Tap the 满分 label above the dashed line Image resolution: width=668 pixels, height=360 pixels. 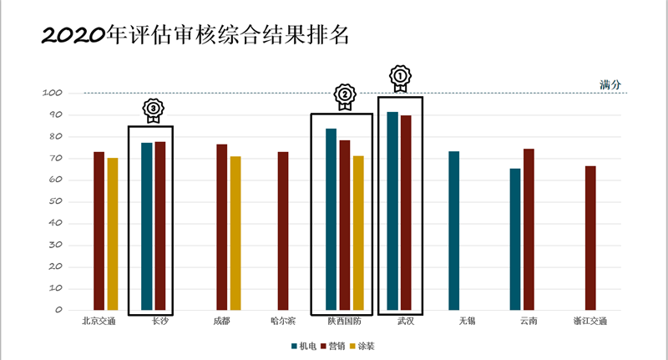[610, 84]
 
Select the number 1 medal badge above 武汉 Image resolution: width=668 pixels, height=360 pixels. [401, 79]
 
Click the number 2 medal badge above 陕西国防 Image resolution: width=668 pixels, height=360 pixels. [344, 96]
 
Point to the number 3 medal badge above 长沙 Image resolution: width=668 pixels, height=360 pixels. [152, 109]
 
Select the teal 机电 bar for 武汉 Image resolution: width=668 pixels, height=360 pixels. [392, 210]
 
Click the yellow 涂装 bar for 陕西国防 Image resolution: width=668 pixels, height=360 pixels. [358, 233]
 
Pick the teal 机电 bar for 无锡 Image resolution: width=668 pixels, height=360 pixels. [453, 231]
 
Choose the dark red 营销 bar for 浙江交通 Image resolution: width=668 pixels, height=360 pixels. [590, 238]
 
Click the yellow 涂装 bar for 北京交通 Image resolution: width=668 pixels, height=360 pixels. [113, 234]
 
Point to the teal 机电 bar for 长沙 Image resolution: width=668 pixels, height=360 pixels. [147, 226]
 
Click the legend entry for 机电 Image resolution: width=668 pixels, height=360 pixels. [303, 345]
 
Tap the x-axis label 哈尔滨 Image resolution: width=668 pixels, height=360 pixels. [283, 321]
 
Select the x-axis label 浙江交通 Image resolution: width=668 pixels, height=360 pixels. [590, 321]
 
